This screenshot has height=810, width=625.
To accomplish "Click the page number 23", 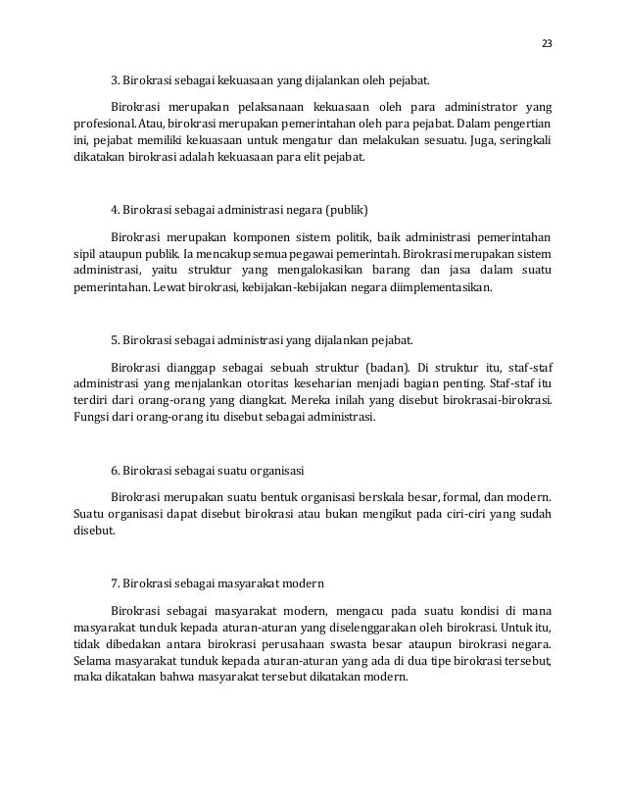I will [546, 43].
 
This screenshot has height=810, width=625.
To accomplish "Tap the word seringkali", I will [520, 143].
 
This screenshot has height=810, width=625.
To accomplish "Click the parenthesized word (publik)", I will [347, 210].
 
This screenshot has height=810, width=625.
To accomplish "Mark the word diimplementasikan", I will [436, 289].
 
